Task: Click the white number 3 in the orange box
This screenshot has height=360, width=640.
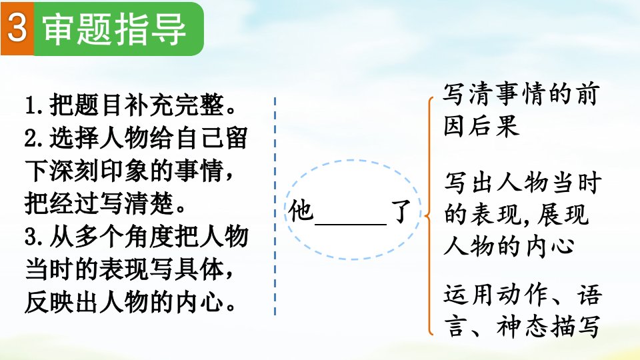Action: click(17, 28)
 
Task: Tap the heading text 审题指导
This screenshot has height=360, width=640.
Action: click(115, 29)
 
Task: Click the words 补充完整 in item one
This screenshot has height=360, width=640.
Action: click(175, 105)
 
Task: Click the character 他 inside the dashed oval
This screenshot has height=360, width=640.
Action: click(301, 211)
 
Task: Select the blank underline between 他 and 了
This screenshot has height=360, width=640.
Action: click(351, 224)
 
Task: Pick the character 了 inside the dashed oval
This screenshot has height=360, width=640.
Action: click(401, 211)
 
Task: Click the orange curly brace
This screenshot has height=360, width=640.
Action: click(427, 216)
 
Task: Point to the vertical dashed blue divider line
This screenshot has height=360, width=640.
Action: click(275, 206)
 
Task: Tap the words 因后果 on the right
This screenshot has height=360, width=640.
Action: click(481, 126)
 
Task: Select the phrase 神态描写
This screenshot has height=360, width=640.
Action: click(548, 327)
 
